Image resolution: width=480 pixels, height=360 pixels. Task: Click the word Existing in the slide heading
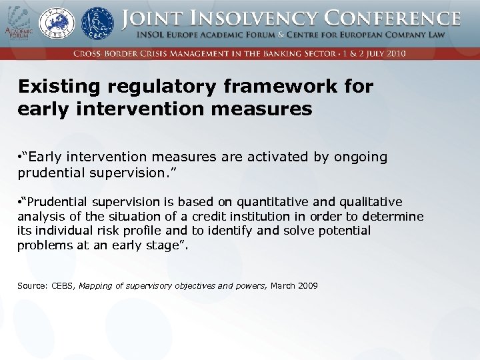56,87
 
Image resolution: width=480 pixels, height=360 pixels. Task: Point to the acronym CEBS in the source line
62,286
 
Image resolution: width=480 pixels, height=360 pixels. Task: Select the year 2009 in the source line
307,286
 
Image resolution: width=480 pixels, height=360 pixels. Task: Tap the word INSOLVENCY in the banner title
237,18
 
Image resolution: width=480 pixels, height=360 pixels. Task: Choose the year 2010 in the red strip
396,53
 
